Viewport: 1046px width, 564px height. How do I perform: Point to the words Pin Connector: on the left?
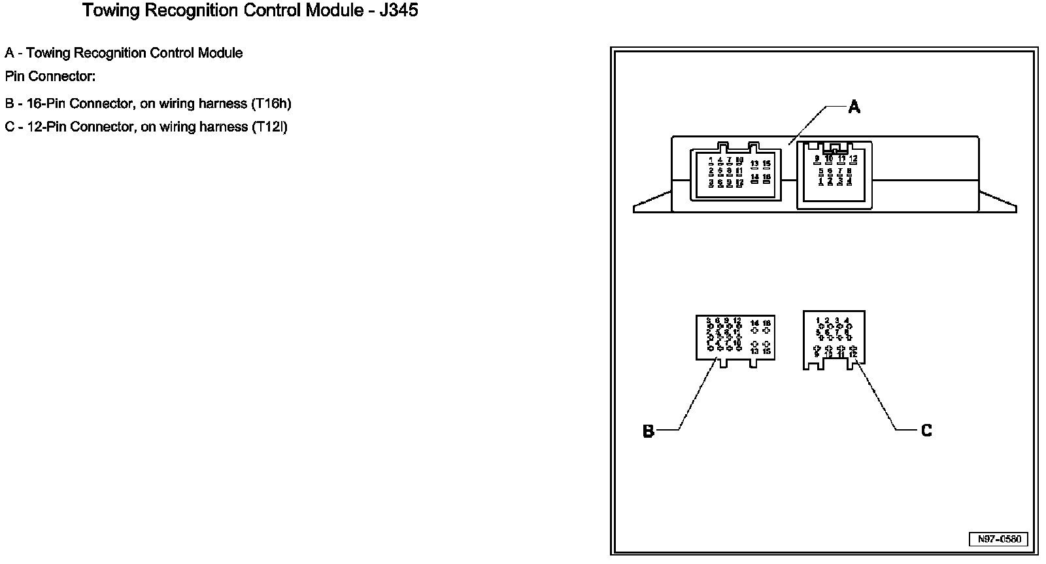click(x=50, y=77)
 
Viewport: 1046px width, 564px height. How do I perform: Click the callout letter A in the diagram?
click(x=854, y=107)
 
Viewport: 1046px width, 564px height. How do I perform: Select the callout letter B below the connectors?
click(x=648, y=431)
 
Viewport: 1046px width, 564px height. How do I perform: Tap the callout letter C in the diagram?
click(x=926, y=431)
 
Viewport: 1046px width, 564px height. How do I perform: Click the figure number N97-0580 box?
click(x=998, y=539)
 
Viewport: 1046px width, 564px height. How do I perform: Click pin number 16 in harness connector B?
click(x=767, y=323)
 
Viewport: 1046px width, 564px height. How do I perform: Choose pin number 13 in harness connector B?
click(x=754, y=351)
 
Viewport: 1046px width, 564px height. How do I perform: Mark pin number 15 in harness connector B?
click(x=767, y=351)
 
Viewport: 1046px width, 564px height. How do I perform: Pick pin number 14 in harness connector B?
click(x=754, y=323)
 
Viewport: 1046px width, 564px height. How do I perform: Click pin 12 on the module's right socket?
click(x=853, y=158)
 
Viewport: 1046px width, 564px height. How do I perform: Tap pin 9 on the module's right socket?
click(x=817, y=158)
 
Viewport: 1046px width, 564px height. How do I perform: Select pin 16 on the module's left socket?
click(x=767, y=177)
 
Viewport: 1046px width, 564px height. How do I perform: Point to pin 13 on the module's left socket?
click(x=754, y=164)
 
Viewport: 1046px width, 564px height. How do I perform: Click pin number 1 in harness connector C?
click(x=818, y=321)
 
